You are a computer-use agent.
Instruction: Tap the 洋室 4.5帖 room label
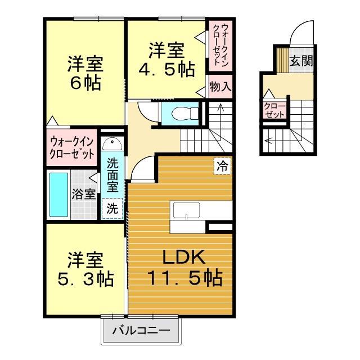[166, 60]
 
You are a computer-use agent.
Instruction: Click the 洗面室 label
[112, 174]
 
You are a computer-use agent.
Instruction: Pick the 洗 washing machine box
[112, 208]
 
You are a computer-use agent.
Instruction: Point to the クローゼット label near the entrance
[274, 108]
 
